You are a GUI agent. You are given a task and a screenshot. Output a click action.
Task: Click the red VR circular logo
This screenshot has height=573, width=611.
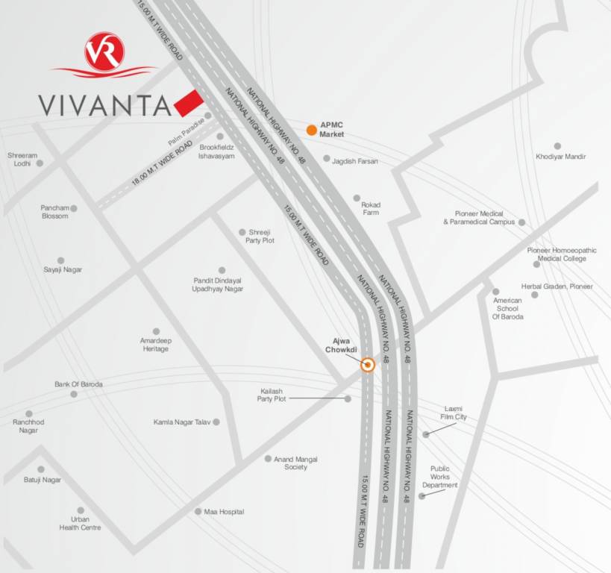click(104, 51)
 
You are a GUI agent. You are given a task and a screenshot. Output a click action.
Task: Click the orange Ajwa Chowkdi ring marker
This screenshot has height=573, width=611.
click(367, 365)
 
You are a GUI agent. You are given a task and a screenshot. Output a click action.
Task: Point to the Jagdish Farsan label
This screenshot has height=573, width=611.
click(356, 161)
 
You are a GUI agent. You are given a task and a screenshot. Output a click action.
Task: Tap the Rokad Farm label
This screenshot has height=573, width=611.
click(371, 209)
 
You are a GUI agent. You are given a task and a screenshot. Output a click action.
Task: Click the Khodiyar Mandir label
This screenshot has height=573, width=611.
click(561, 157)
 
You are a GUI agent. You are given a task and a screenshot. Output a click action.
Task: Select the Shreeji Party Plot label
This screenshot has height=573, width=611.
click(262, 237)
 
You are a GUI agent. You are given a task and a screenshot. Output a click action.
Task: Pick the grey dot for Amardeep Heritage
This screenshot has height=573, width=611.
click(156, 331)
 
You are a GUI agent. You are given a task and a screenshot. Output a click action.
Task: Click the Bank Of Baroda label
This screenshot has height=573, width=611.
click(78, 384)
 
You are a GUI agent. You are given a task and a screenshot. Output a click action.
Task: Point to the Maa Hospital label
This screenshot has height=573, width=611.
click(224, 512)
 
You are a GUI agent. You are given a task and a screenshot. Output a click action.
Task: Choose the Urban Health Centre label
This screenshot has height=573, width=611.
click(81, 523)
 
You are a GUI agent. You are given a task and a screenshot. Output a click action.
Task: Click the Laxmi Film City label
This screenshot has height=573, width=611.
click(454, 413)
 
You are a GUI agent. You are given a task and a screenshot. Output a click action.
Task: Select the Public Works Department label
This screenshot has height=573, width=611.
click(440, 477)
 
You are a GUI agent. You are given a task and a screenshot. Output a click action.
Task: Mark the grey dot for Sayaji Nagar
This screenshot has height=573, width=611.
click(60, 260)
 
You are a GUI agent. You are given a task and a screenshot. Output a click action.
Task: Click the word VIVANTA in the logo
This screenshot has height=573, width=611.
click(105, 104)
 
